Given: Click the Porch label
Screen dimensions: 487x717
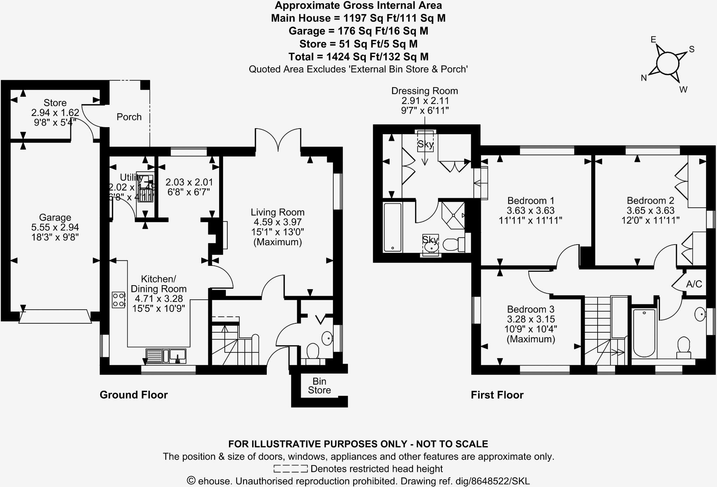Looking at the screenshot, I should point(129,117).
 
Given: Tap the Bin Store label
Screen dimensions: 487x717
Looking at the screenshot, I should point(319,386).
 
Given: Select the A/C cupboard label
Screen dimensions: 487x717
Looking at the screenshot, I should point(694,284).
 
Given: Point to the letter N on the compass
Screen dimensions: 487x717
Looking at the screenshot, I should point(643,78).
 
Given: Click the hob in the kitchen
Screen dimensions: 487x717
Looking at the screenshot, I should point(118,300).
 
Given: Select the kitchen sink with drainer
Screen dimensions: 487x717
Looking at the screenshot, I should point(166,356).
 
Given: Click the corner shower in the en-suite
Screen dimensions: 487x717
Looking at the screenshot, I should point(453,215).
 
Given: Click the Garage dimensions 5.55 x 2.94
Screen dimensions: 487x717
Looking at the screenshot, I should point(55,227).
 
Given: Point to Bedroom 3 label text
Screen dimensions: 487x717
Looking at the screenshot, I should point(530,309).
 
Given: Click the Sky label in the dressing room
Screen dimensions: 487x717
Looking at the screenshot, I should point(425,144).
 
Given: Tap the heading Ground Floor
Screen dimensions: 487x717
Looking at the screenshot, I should point(134,395).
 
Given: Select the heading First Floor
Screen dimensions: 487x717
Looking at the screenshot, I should point(497,395).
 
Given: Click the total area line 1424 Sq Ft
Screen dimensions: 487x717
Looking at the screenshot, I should point(358,56).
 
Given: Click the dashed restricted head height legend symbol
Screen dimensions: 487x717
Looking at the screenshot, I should point(290,469).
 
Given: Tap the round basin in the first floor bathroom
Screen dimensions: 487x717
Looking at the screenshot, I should point(700,314).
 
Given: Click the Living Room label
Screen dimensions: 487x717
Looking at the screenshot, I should point(277,212).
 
